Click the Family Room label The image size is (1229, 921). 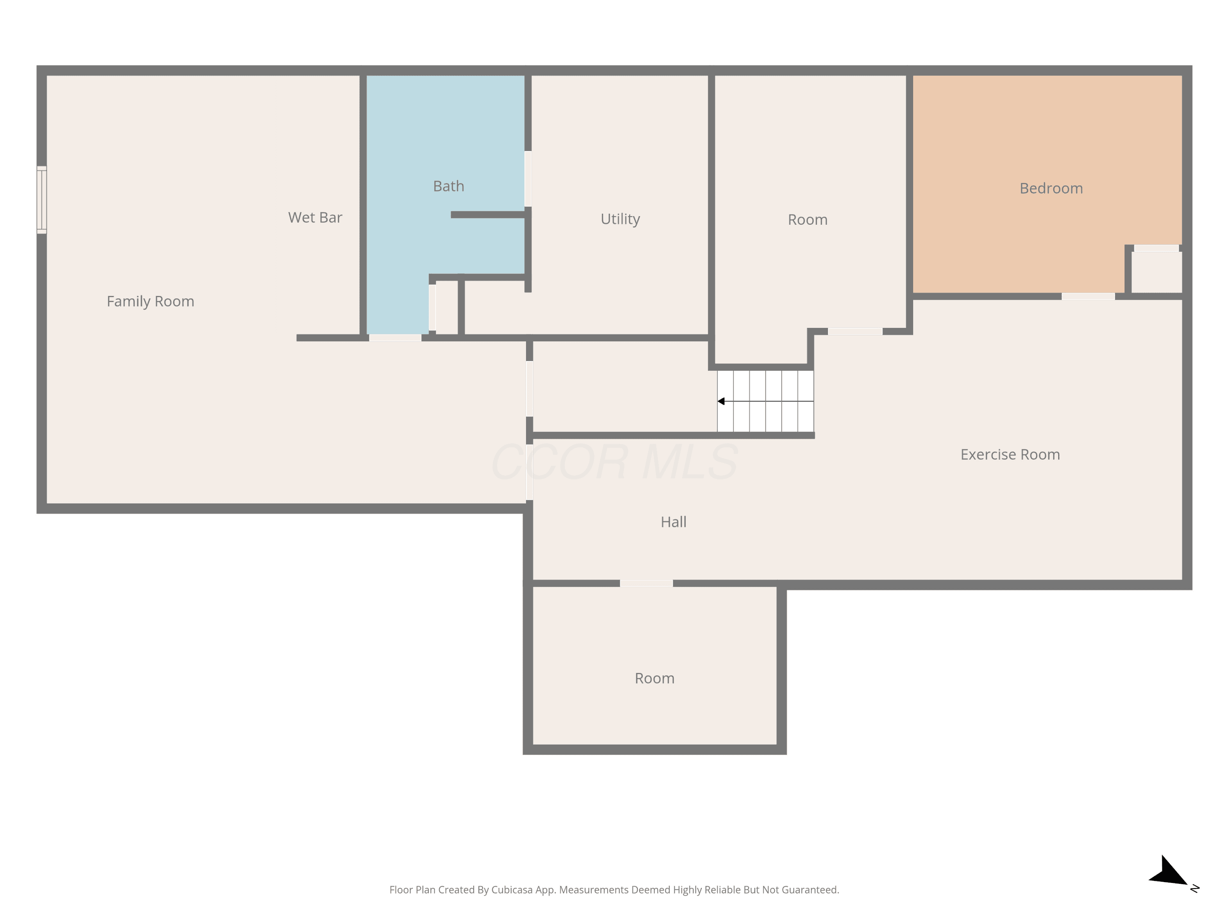pyautogui.click(x=151, y=301)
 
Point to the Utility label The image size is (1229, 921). pyautogui.click(x=620, y=219)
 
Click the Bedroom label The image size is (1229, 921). pyautogui.click(x=1051, y=188)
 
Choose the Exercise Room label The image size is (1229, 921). pyautogui.click(x=1010, y=455)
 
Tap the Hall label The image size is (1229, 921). pyautogui.click(x=673, y=522)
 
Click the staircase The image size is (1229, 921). pyautogui.click(x=766, y=401)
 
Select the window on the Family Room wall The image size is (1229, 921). pyautogui.click(x=42, y=200)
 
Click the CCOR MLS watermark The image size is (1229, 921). pyautogui.click(x=614, y=462)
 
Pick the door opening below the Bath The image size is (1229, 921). pyautogui.click(x=395, y=338)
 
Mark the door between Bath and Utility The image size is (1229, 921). pyautogui.click(x=528, y=179)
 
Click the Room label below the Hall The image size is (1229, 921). pyautogui.click(x=655, y=678)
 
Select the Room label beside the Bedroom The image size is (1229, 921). pyautogui.click(x=807, y=220)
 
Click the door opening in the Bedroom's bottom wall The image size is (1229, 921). pyautogui.click(x=1088, y=296)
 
